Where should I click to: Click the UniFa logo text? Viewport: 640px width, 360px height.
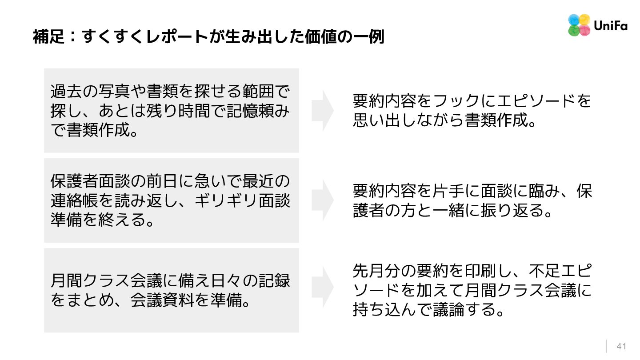[x=610, y=26]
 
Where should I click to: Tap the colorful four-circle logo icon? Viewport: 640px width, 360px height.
[x=579, y=25]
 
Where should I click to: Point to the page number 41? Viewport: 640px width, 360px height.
[x=621, y=347]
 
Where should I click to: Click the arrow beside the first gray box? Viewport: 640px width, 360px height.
[x=323, y=111]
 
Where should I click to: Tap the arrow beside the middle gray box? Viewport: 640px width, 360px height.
[x=323, y=200]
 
